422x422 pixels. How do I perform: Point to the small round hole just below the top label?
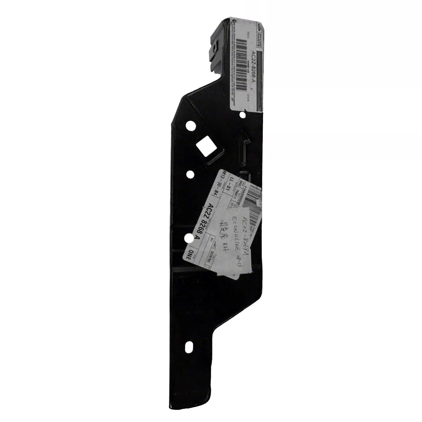(242, 115)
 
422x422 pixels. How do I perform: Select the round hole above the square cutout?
(190, 125)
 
